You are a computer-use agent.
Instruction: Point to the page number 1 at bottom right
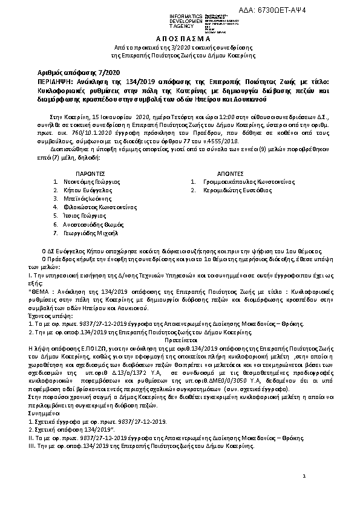[x=304, y=477]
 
